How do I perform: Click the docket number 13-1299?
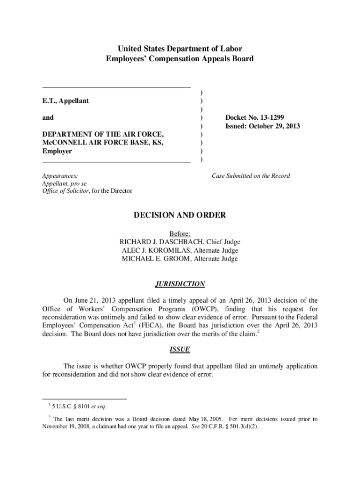point(269,118)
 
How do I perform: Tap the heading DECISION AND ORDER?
point(180,215)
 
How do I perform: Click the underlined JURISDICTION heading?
point(180,284)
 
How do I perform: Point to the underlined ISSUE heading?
point(180,349)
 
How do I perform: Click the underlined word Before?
point(180,233)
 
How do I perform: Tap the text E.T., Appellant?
point(65,101)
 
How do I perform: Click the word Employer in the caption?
point(57,152)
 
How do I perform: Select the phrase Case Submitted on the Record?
point(251,176)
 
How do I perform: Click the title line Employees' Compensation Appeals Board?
point(180,59)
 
